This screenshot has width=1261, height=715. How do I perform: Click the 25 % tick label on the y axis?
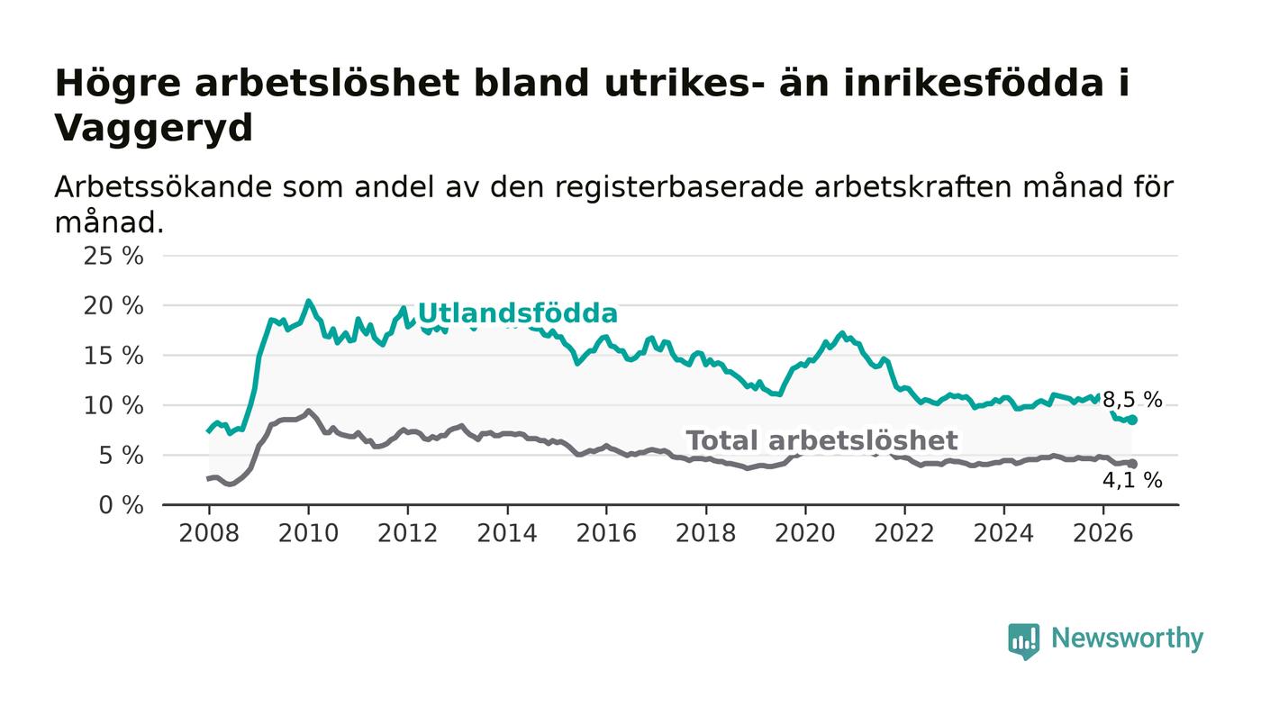pyautogui.click(x=113, y=256)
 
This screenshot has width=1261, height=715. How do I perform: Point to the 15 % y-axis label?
pyautogui.click(x=113, y=356)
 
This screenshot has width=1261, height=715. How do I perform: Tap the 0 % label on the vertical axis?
pyautogui.click(x=121, y=505)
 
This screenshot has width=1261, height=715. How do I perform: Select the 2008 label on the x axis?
pyautogui.click(x=209, y=533)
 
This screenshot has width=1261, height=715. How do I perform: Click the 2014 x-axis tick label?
pyautogui.click(x=506, y=533)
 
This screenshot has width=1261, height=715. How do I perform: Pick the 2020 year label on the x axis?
pyautogui.click(x=805, y=533)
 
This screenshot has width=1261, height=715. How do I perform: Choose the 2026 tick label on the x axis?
pyautogui.click(x=1102, y=533)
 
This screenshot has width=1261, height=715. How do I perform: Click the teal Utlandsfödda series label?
pyautogui.click(x=517, y=313)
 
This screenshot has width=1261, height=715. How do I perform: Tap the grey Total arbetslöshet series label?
pyautogui.click(x=821, y=440)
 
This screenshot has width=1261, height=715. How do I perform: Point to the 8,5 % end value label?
pyautogui.click(x=1132, y=400)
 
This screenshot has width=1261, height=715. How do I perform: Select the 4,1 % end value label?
pyautogui.click(x=1132, y=480)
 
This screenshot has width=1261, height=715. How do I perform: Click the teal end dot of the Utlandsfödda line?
pyautogui.click(x=1133, y=420)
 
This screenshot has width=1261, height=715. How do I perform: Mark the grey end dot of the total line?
pyautogui.click(x=1133, y=464)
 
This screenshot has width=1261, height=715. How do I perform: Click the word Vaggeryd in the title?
pyautogui.click(x=154, y=129)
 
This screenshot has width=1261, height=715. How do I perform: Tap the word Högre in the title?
pyautogui.click(x=118, y=84)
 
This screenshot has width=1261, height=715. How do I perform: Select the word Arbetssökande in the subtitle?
pyautogui.click(x=163, y=187)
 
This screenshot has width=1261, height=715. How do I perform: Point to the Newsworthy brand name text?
pyautogui.click(x=1127, y=638)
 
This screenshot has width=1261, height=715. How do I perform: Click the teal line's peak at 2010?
pyautogui.click(x=308, y=301)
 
